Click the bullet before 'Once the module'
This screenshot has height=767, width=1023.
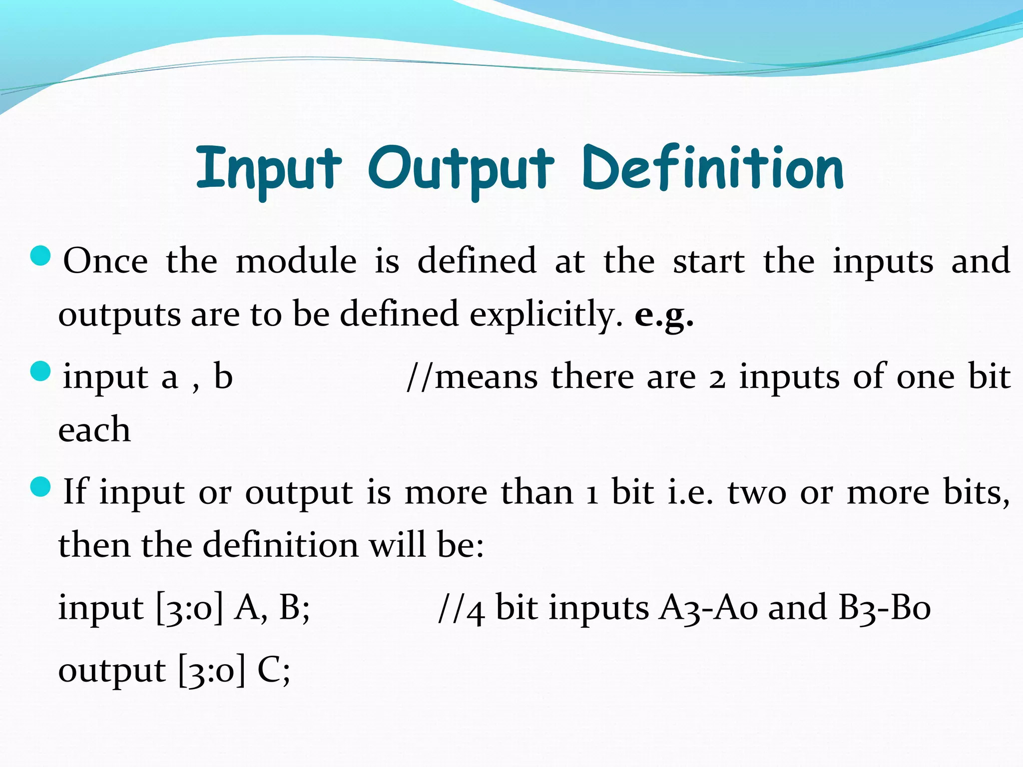40,256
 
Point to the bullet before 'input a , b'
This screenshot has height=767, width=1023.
40,371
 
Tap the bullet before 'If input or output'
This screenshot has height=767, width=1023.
40,487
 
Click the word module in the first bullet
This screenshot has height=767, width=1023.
296,261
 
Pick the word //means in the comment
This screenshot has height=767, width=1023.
472,377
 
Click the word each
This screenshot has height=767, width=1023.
94,430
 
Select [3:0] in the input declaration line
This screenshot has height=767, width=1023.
189,608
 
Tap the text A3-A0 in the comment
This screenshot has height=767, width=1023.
708,608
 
